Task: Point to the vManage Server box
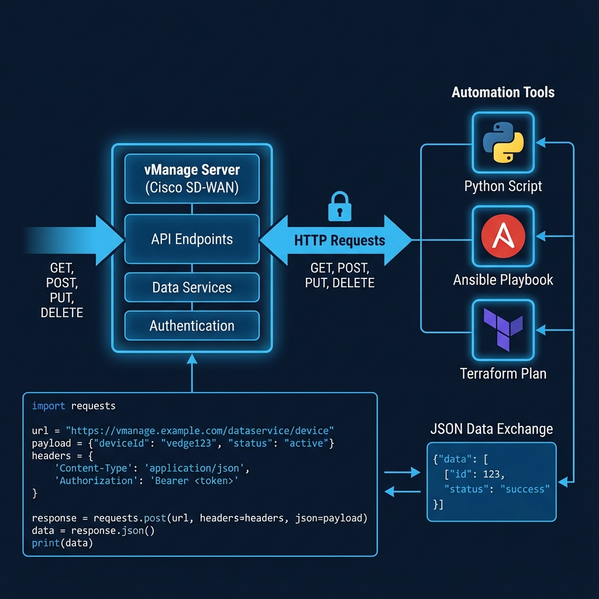192,179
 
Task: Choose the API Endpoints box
192,239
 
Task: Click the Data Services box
192,288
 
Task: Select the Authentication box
192,326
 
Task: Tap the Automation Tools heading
503,92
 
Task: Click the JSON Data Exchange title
491,429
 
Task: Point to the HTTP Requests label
339,240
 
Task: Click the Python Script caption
503,187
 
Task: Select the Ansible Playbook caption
503,280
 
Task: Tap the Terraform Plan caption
503,373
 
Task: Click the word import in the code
49,406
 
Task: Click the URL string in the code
200,431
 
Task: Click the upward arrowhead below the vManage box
192,359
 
